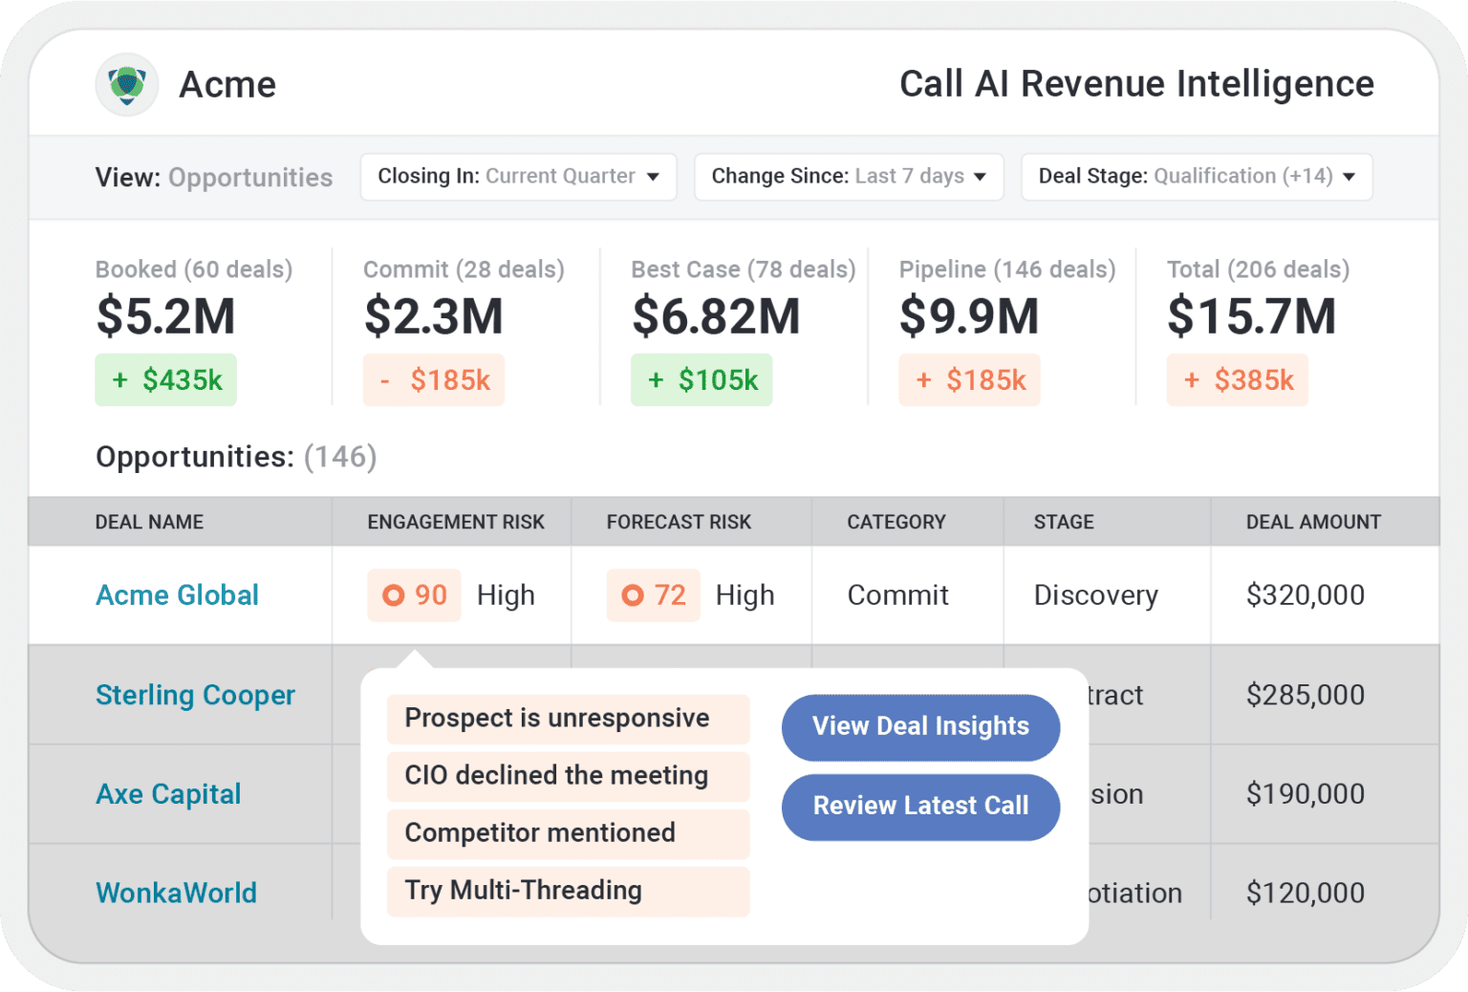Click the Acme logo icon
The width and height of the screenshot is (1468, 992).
(x=127, y=85)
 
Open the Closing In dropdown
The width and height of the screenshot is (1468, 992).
(x=518, y=177)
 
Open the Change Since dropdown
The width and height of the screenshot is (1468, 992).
(x=848, y=177)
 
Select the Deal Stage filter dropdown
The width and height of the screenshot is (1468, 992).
(x=1196, y=177)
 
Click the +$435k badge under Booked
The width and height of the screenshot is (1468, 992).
(x=166, y=380)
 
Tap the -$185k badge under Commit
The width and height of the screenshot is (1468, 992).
(x=434, y=380)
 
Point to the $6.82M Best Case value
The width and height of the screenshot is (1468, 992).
(x=716, y=316)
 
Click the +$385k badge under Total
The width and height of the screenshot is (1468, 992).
(x=1238, y=380)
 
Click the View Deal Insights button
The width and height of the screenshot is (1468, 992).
(x=920, y=727)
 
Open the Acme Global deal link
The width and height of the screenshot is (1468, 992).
(x=177, y=595)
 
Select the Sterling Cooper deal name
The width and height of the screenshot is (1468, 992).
(x=195, y=695)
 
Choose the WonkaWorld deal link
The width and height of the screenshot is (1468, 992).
(x=176, y=893)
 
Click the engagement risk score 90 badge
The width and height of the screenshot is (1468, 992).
(x=415, y=595)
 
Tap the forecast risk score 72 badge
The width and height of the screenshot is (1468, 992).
(x=654, y=595)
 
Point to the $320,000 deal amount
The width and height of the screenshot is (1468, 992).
(x=1305, y=595)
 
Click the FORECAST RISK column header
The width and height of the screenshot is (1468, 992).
(x=679, y=522)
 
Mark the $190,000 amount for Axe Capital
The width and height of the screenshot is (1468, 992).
(x=1305, y=794)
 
